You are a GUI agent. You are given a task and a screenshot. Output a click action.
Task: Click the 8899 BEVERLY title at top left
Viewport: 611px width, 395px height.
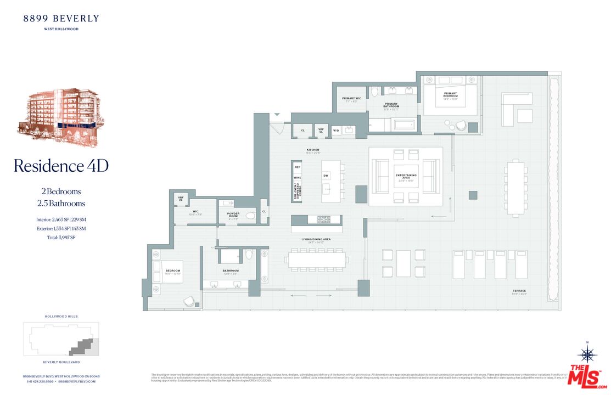[61, 19]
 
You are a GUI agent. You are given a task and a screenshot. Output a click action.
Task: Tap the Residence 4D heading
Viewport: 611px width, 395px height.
[61, 166]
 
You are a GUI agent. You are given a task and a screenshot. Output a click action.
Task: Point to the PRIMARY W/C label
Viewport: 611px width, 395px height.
[351, 99]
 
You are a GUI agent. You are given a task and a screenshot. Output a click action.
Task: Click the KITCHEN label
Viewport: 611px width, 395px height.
[313, 150]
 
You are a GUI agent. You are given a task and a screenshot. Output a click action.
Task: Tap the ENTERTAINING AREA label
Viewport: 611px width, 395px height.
[406, 177]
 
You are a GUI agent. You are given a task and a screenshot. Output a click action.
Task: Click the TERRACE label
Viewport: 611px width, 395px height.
[519, 291]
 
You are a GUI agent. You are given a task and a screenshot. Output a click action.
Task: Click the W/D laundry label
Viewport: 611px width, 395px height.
[336, 131]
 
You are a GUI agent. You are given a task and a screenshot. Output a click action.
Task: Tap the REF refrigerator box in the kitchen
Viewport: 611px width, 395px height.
[298, 167]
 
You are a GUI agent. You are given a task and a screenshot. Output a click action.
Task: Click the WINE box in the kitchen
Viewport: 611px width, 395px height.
[298, 178]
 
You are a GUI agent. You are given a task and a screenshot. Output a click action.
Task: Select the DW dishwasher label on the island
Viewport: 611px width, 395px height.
[326, 176]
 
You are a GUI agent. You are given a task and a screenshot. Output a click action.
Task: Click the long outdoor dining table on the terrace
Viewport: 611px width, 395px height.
[515, 188]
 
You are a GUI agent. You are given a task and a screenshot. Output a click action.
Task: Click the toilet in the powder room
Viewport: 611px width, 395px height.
[250, 215]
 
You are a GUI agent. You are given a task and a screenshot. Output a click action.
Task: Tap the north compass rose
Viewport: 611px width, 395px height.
[588, 353]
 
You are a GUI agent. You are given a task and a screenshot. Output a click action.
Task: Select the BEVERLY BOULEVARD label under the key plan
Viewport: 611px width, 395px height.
[61, 363]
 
